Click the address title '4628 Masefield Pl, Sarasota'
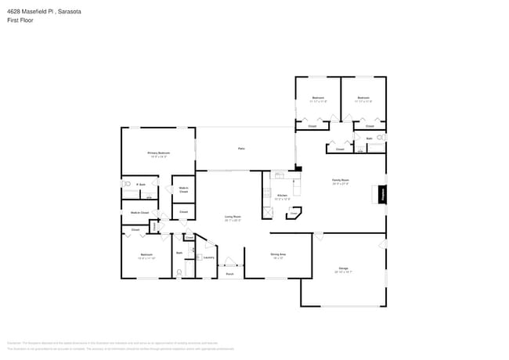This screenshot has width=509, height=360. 43,12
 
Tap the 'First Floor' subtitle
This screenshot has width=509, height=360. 19,21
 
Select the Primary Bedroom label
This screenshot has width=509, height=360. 159,154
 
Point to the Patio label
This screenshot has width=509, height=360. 242,148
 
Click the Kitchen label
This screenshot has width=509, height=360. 282,196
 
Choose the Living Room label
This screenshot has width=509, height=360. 233,218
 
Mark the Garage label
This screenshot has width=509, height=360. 343,270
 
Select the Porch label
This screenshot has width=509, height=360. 229,275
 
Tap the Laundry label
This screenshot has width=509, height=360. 209,257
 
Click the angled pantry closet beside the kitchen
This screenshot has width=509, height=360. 294,212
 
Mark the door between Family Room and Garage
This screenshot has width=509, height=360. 318,235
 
